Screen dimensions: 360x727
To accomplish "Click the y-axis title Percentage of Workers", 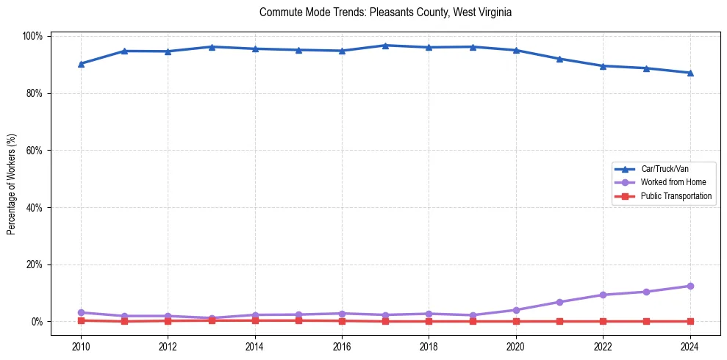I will (x=12, y=179).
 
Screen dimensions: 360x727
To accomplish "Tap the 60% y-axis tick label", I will (x=34, y=151).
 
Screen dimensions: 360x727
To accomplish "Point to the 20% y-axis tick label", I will (x=34, y=264).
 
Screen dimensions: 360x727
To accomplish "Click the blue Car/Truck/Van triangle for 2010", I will (x=81, y=64).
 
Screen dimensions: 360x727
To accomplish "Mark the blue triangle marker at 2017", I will (x=385, y=46).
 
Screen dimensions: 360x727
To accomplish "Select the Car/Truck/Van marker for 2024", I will (x=690, y=73).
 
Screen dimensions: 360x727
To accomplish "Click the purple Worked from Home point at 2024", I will (x=690, y=286).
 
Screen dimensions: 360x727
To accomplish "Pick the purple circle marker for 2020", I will (x=516, y=310).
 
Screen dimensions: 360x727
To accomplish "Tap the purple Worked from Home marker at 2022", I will (x=603, y=295).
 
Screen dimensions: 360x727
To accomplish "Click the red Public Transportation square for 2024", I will (x=690, y=321).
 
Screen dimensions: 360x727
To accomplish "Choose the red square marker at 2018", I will (x=429, y=321).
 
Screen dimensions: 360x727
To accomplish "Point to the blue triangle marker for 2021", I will (x=559, y=59).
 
